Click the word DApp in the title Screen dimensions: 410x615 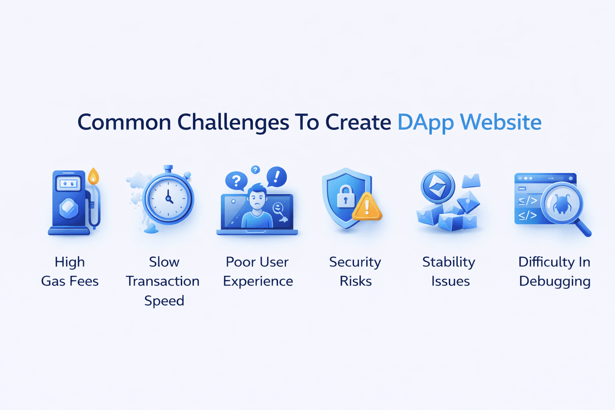[425, 123]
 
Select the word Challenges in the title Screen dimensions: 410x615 [233, 123]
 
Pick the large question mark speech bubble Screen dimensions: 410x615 [236, 181]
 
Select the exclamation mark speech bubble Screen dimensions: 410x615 [277, 176]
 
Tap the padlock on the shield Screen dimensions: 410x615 [346, 197]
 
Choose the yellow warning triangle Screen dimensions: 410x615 [367, 207]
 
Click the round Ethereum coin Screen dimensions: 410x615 [437, 186]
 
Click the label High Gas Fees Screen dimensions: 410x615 [70, 271]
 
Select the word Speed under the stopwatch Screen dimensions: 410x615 [164, 301]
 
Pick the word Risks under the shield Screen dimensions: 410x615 [356, 281]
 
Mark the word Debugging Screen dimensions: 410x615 [555, 281]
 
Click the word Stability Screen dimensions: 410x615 [449, 262]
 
